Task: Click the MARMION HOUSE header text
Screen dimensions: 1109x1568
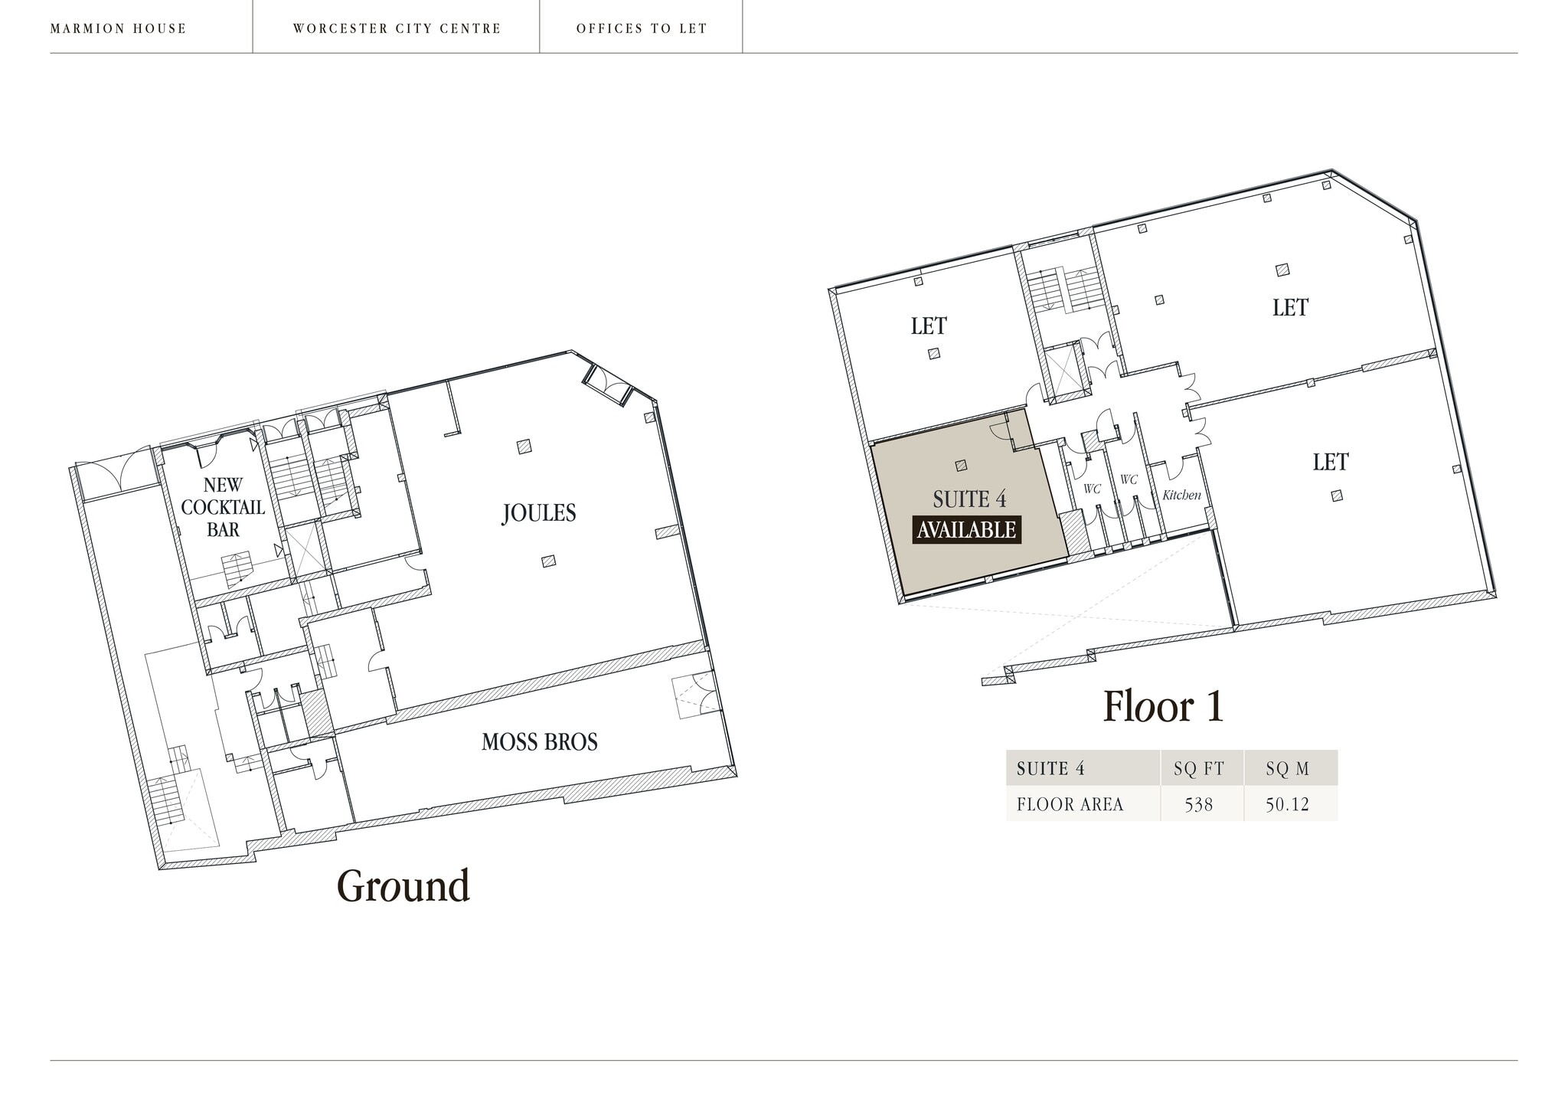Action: tap(119, 29)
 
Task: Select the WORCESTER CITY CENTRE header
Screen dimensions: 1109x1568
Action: tap(397, 29)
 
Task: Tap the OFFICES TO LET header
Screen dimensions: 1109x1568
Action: tap(642, 29)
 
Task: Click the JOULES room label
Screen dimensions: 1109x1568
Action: tap(539, 513)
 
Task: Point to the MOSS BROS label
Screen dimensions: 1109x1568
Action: tap(540, 741)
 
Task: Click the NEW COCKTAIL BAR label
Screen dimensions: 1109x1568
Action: tap(223, 507)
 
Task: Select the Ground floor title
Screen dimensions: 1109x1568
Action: tap(403, 886)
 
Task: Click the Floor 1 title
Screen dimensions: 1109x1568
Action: tap(1163, 706)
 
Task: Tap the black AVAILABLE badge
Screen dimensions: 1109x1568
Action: tap(966, 530)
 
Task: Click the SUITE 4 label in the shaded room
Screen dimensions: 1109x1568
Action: tap(969, 499)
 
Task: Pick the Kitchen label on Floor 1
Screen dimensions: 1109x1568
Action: tap(1181, 495)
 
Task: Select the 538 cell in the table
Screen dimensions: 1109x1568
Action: tap(1199, 804)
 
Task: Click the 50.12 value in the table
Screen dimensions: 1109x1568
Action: tap(1288, 804)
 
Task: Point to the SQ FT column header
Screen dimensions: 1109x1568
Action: tap(1199, 769)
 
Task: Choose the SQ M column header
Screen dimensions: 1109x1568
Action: tap(1288, 769)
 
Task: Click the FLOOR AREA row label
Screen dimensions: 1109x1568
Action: tap(1070, 804)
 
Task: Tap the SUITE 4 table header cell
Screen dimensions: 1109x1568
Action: tap(1050, 769)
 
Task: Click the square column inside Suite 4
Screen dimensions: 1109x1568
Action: tap(961, 465)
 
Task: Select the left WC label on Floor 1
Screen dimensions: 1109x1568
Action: tap(1092, 489)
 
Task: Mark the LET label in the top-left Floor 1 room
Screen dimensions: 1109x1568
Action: tap(929, 326)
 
